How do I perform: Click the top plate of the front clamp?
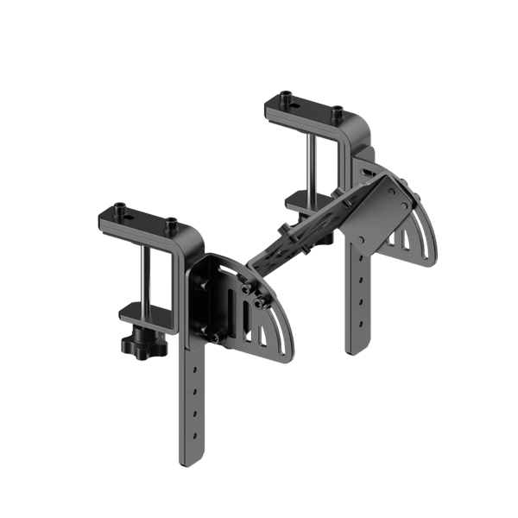pyautogui.click(x=138, y=219)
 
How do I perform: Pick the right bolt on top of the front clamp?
pyautogui.click(x=170, y=224)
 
